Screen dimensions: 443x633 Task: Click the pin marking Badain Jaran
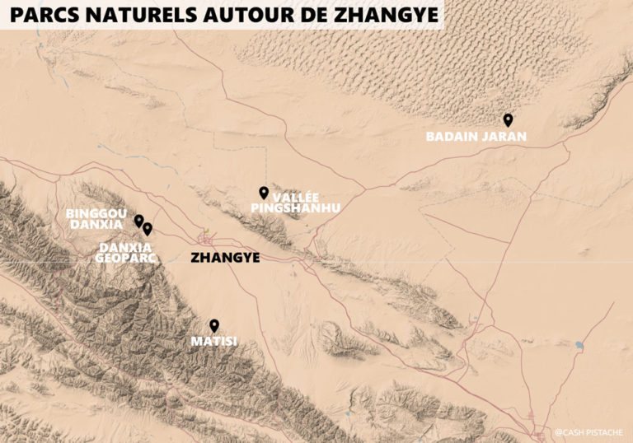pos(509,119)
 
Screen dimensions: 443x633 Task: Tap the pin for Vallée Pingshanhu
pos(264,192)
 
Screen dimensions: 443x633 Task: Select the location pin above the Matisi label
pos(214,324)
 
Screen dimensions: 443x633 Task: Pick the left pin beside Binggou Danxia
pos(138,220)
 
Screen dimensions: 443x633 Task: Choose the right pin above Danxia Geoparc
pos(148,228)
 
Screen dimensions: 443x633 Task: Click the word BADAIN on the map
pos(452,137)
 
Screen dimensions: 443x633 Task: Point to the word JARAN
pos(503,137)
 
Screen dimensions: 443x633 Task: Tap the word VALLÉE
pos(293,198)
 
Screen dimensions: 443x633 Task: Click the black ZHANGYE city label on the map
pos(225,258)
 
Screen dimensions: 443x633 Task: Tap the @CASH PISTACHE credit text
pos(589,431)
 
